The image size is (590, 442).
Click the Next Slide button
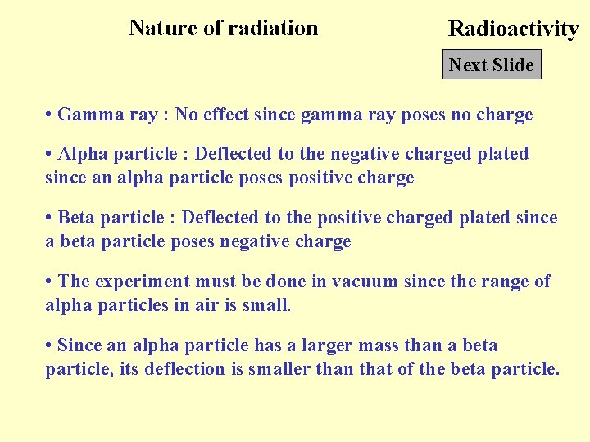(492, 65)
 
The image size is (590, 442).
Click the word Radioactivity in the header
(513, 29)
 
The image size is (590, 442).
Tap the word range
(504, 282)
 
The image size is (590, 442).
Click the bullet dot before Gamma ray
(49, 115)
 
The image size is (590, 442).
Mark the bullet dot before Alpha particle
(49, 154)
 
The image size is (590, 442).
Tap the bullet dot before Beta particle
(49, 218)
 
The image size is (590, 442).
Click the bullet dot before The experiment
(49, 282)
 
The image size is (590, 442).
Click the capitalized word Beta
(76, 218)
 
